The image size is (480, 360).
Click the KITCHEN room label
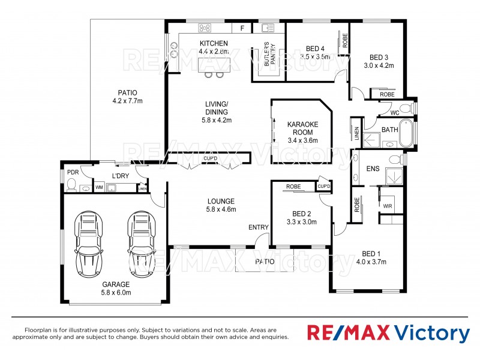point(214,43)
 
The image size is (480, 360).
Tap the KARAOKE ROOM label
point(303,128)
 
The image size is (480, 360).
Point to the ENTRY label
point(259,227)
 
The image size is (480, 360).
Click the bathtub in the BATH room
point(406,133)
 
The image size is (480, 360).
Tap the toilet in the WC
point(406,109)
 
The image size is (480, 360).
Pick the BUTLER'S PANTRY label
point(268,56)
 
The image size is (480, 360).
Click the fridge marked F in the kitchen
point(242,28)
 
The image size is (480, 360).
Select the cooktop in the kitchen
point(205,28)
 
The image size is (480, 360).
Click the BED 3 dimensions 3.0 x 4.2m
point(379,65)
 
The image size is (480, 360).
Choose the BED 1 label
point(371,253)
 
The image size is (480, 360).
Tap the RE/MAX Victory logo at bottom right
point(388,333)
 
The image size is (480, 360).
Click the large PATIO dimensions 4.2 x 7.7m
point(127,101)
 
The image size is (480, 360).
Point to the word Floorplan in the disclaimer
point(37,330)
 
